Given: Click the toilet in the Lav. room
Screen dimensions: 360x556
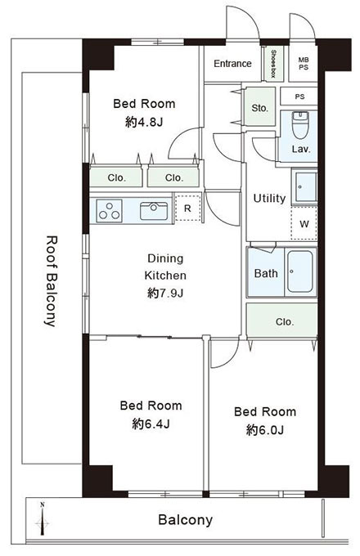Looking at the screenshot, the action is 300,125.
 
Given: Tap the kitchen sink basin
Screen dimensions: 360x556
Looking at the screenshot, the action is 154,211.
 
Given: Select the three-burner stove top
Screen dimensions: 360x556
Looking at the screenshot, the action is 110,211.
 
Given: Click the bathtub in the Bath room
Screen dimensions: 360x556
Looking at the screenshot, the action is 300,272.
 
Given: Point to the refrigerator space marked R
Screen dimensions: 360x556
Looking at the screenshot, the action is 188,208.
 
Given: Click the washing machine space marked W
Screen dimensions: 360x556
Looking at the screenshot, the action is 304,224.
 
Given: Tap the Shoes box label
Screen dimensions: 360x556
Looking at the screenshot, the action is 273,64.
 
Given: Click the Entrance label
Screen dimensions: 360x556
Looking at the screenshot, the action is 232,64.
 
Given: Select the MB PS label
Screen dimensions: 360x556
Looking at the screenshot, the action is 304,64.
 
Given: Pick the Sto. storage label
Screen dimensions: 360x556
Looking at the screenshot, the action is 260,108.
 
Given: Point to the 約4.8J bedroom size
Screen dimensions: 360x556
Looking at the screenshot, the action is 144,123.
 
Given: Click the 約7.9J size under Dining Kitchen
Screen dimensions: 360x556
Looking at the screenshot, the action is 165,294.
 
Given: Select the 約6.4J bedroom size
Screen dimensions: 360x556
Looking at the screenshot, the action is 151,424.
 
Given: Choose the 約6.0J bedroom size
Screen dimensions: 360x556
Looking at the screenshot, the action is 265,430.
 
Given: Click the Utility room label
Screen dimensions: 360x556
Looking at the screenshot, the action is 269,199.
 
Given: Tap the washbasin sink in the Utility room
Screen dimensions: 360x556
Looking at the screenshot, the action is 304,187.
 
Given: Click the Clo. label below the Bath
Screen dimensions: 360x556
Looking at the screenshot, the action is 285,322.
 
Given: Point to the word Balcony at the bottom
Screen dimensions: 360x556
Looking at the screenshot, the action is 185,520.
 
